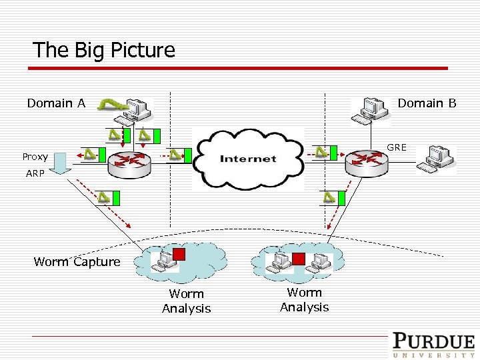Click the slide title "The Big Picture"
(104, 50)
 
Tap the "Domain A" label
(56, 103)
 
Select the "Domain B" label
(427, 103)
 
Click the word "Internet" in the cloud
(248, 159)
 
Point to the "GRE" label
(396, 147)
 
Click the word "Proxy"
(35, 157)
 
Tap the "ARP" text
(35, 173)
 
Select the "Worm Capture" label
(77, 262)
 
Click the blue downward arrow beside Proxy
(61, 163)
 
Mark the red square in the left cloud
(179, 253)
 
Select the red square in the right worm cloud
(299, 258)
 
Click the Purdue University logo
(433, 345)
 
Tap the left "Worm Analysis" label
(187, 301)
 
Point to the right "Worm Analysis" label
(305, 300)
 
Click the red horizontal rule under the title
(240, 68)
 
